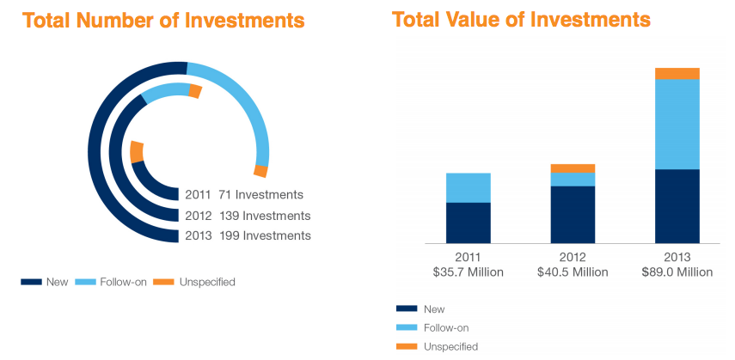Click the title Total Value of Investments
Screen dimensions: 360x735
(522, 19)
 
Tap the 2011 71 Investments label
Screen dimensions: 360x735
(243, 195)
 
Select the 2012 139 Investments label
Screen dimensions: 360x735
(247, 216)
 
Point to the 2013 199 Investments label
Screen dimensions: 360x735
(247, 235)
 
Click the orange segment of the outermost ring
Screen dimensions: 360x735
(260, 170)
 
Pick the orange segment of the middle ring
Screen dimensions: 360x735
(195, 91)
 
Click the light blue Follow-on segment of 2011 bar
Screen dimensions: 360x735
(469, 187)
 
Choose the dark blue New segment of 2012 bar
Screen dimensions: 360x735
(573, 214)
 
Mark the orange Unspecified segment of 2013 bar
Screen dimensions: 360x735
(677, 73)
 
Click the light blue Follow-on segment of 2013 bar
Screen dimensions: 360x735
(677, 124)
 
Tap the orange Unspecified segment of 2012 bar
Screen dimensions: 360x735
(573, 168)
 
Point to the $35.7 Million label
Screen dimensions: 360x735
(469, 272)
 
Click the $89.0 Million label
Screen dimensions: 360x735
(677, 272)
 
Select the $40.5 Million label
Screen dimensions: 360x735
(573, 272)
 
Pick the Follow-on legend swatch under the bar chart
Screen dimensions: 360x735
(407, 327)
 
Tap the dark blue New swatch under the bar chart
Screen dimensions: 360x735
(407, 308)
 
